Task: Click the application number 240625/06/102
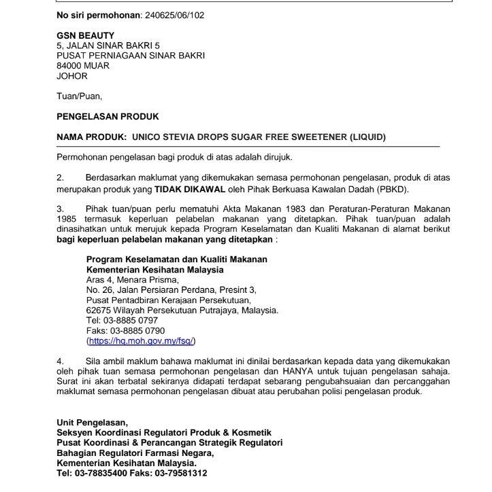[180, 14]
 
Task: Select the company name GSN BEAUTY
[86, 35]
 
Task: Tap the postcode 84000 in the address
[70, 66]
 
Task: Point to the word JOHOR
[72, 76]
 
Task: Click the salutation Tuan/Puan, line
[79, 96]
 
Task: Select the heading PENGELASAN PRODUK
[108, 117]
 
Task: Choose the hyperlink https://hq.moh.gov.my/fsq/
[145, 340]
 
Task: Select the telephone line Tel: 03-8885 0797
[122, 320]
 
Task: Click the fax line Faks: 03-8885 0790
[126, 330]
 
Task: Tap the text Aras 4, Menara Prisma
[133, 279]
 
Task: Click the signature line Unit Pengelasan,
[92, 423]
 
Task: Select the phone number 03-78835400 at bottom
[100, 473]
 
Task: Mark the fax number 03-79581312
[182, 473]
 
